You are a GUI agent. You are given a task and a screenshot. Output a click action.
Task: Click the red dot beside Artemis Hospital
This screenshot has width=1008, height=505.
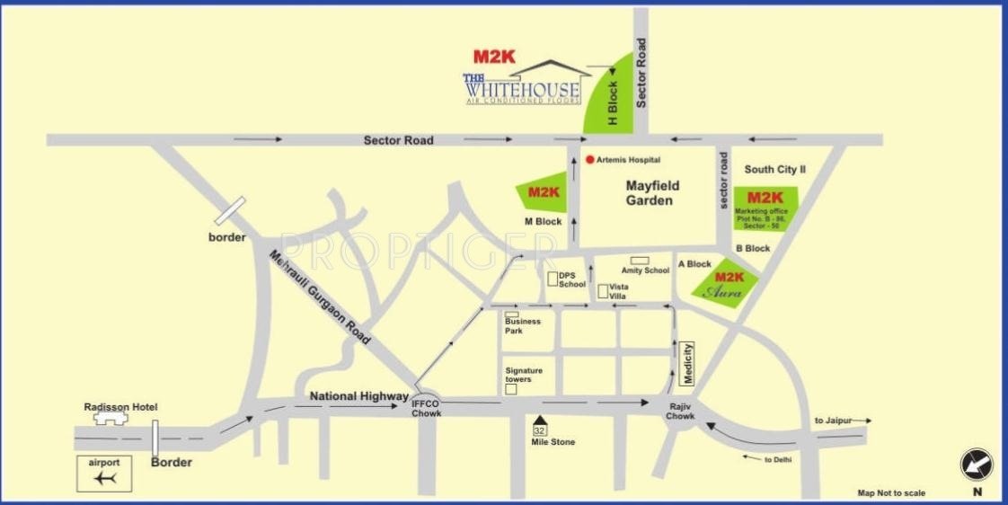589,160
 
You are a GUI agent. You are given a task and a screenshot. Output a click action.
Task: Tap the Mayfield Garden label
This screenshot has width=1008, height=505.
652,193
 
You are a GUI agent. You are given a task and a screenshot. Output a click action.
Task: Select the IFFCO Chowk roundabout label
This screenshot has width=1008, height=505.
425,407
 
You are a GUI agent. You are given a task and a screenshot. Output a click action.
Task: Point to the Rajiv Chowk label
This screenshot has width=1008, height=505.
680,411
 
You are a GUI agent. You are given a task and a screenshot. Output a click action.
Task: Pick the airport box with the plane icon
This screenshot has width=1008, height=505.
104,474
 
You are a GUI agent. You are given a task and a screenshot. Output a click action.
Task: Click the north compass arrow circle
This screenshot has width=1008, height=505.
977,465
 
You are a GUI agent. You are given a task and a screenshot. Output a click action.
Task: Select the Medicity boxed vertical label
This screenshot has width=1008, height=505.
687,364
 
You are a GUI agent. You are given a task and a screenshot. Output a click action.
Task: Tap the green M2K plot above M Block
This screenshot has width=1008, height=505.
544,192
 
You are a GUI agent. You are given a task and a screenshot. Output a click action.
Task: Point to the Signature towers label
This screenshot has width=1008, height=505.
524,375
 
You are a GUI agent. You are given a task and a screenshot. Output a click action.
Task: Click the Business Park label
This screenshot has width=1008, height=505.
522,324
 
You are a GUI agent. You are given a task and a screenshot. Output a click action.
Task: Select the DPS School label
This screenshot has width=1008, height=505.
571,279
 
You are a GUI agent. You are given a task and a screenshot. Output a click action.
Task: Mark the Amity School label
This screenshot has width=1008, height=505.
645,270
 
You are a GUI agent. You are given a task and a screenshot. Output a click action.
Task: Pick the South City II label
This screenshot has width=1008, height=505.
774,169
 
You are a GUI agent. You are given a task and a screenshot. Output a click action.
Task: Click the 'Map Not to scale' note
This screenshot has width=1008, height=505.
890,492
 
